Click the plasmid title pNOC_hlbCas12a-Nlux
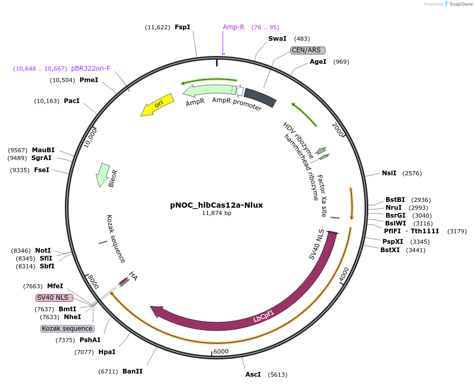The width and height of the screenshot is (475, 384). (216, 205)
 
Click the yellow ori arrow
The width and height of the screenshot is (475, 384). (157, 106)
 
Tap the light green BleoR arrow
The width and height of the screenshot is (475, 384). (102, 175)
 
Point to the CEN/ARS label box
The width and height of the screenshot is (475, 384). (308, 50)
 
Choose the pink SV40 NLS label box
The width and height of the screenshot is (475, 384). (55, 298)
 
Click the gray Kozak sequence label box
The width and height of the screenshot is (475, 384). (67, 329)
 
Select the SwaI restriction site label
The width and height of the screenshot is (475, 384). (277, 39)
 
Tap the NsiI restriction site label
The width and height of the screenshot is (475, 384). (389, 173)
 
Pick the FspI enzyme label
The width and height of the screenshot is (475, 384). (183, 27)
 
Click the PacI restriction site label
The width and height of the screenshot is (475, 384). (72, 100)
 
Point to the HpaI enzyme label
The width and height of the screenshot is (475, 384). (107, 352)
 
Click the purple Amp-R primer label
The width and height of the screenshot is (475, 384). (233, 27)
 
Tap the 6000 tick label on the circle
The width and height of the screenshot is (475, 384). (221, 352)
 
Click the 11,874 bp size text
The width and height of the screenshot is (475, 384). (217, 213)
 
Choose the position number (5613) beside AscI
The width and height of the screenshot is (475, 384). (277, 375)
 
